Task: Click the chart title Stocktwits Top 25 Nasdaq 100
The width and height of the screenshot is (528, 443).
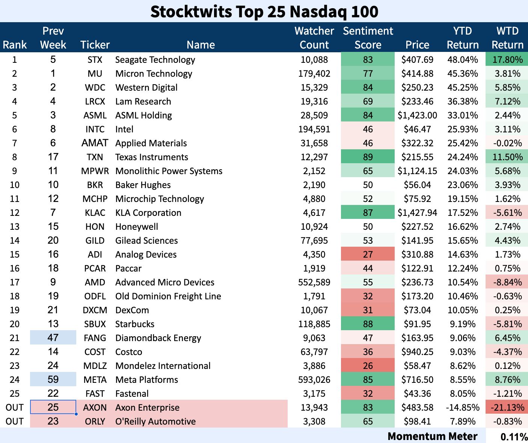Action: pyautogui.click(x=264, y=11)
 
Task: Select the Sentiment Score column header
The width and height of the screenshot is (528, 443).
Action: pyautogui.click(x=368, y=38)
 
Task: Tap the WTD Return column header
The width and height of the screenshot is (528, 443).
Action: pyautogui.click(x=507, y=38)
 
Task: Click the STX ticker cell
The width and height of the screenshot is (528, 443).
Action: pyautogui.click(x=95, y=60)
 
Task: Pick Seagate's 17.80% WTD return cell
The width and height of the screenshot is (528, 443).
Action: pyautogui.click(x=507, y=60)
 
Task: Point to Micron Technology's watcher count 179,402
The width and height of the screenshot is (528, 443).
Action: pyautogui.click(x=314, y=74)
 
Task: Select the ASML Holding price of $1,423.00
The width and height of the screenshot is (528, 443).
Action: pyautogui.click(x=417, y=115)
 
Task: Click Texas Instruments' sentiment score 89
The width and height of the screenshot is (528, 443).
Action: pyautogui.click(x=368, y=157)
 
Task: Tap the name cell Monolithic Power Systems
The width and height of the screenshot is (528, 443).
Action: pyautogui.click(x=169, y=171)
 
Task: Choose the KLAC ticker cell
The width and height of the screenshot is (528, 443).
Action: pyautogui.click(x=95, y=213)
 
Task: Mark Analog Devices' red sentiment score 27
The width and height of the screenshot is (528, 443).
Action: pyautogui.click(x=368, y=255)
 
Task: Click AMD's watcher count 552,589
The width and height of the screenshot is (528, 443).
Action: pyautogui.click(x=314, y=282)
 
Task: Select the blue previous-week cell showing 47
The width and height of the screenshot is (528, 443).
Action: pyautogui.click(x=53, y=338)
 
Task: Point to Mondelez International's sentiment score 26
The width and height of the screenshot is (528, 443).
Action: pyautogui.click(x=368, y=366)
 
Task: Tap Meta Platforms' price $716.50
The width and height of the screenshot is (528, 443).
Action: pyautogui.click(x=417, y=380)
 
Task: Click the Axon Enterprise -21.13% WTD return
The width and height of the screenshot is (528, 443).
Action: pyautogui.click(x=507, y=408)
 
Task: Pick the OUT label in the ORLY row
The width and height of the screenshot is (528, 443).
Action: pyautogui.click(x=15, y=422)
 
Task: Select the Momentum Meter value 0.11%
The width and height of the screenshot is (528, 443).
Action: pyautogui.click(x=514, y=437)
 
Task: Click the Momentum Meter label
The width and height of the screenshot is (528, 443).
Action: pyautogui.click(x=432, y=436)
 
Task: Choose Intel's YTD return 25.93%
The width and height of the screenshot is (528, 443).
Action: pyautogui.click(x=463, y=129)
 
